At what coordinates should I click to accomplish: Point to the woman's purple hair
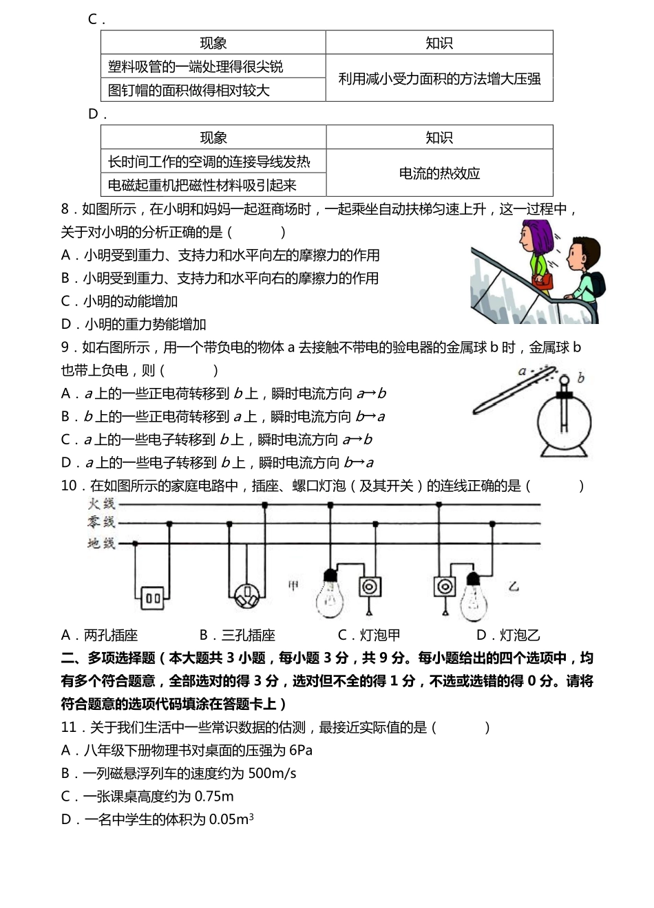540,237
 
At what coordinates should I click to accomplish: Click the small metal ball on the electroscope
565,380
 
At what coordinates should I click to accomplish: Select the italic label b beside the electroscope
582,378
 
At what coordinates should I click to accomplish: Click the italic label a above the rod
522,371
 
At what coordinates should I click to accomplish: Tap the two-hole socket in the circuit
153,598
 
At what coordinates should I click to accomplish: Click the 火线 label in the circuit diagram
101,504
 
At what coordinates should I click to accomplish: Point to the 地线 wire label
101,543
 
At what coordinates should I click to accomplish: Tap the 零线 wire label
101,523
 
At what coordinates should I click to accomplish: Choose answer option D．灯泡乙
508,635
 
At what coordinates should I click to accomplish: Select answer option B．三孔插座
238,635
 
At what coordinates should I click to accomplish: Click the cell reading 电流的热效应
439,173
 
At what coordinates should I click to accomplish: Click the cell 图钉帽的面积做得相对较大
189,90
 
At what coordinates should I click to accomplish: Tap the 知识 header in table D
439,138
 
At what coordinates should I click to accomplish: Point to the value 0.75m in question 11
214,797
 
